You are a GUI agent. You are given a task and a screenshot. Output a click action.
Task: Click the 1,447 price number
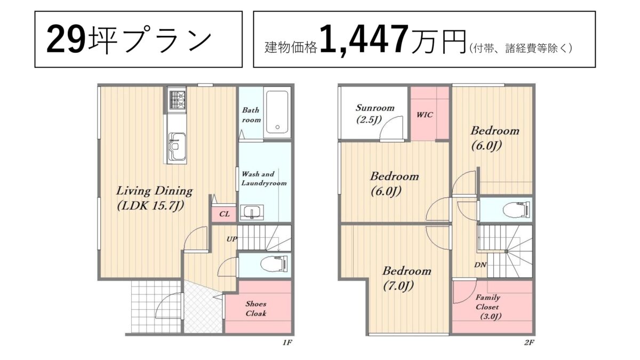click(364, 39)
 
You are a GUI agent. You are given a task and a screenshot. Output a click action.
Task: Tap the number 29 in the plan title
click(66, 39)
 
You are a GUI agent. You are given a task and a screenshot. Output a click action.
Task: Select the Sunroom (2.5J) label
click(374, 114)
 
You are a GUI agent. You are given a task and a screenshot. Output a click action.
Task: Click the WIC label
click(425, 115)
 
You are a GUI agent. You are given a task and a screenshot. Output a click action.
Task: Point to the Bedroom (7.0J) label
click(406, 278)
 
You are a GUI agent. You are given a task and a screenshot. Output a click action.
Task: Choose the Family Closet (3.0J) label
click(488, 307)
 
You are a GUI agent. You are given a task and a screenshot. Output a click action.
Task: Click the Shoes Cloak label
click(256, 309)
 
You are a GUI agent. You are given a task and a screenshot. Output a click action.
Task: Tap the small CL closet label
click(225, 214)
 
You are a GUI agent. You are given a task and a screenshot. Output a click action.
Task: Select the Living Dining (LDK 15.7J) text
click(154, 198)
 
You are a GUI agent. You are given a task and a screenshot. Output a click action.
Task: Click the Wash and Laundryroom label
click(263, 179)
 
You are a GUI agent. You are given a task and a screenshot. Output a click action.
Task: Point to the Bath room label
click(251, 115)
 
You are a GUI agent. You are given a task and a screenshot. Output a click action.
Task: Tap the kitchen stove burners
click(177, 100)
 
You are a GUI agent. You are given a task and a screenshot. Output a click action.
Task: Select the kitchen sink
click(177, 147)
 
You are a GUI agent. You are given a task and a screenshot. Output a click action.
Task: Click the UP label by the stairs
click(231, 239)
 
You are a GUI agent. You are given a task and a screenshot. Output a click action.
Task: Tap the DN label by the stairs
click(480, 265)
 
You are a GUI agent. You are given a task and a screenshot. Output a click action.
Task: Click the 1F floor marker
click(287, 342)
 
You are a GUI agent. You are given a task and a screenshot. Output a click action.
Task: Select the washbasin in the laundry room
click(252, 212)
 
